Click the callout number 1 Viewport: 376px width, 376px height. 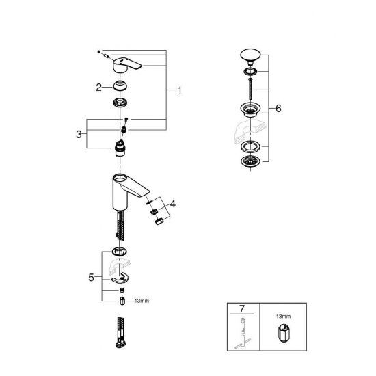(x=179, y=90)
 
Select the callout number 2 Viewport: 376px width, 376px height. (x=99, y=87)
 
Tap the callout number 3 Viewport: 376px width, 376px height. (x=79, y=133)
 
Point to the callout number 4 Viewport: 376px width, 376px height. (x=173, y=204)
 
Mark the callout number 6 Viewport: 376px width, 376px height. (x=278, y=109)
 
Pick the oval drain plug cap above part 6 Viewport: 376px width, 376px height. (x=250, y=55)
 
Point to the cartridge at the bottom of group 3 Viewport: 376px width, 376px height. (x=120, y=146)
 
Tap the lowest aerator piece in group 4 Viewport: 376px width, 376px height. (x=159, y=221)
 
